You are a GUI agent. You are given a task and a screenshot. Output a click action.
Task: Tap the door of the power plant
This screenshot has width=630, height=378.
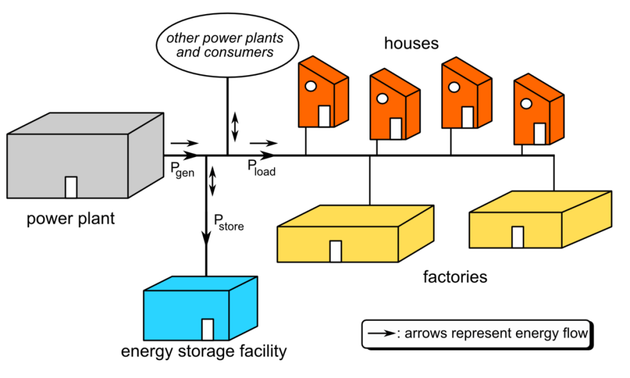tap(71, 187)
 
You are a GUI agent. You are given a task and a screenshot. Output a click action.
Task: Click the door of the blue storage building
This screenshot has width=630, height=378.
tap(208, 329)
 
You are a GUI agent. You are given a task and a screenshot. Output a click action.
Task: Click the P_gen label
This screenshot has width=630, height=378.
tap(182, 170)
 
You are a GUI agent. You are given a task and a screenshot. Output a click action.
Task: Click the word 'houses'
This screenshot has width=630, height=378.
tap(411, 44)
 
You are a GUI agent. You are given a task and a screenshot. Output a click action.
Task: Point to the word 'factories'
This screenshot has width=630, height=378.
tap(455, 276)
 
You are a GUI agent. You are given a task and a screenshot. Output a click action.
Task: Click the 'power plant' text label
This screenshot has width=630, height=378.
tap(71, 219)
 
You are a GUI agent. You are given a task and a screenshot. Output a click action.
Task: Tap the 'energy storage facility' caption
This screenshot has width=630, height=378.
tap(204, 352)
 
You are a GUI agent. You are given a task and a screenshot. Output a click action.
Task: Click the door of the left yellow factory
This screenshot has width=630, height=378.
tap(336, 251)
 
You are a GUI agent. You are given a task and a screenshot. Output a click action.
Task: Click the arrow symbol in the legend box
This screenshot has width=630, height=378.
tap(381, 334)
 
